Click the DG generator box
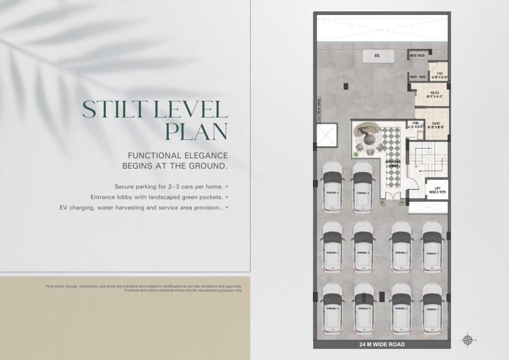tap(377, 56)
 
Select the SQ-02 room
tap(434, 95)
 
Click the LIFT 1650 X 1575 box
tap(437, 189)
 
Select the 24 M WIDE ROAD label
tap(382, 344)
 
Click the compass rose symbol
tap(467, 340)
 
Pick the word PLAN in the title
tap(196, 131)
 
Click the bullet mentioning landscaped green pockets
tap(168, 197)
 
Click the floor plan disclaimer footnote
tap(144, 288)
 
